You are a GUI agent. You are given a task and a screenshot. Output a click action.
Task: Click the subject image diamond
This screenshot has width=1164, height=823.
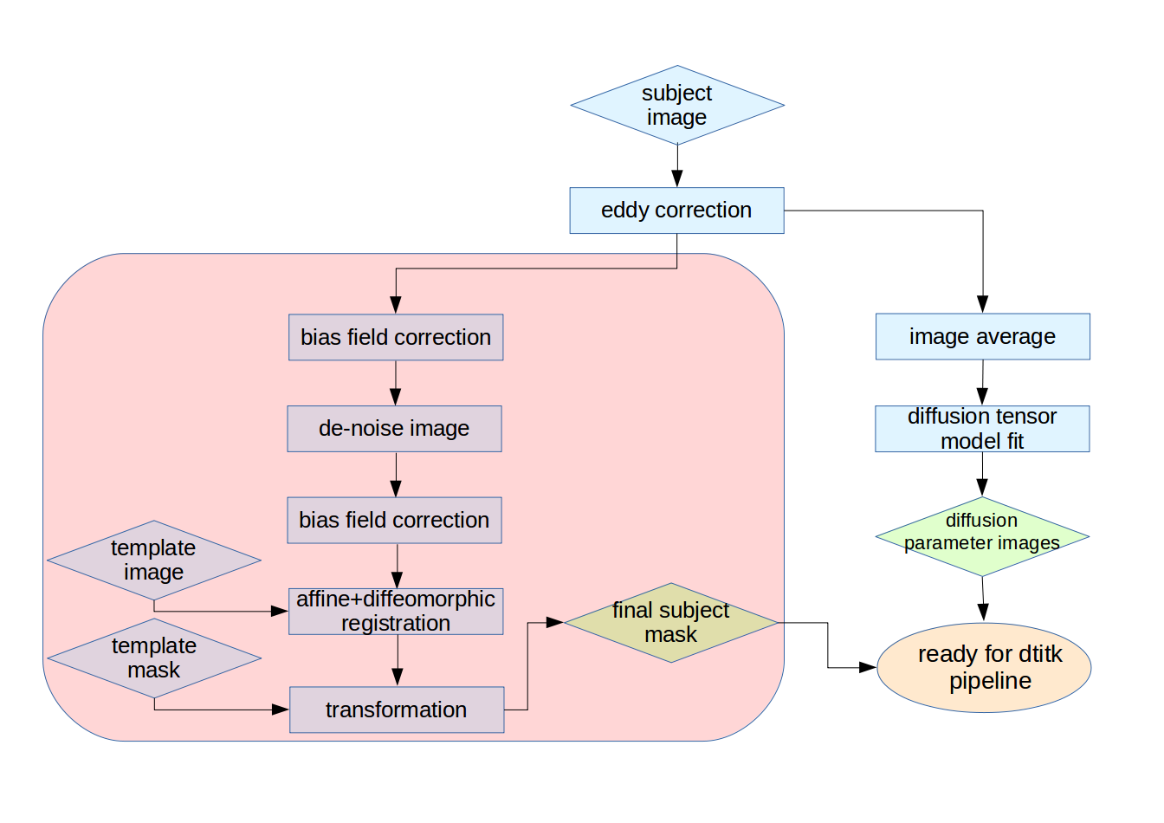pos(676,105)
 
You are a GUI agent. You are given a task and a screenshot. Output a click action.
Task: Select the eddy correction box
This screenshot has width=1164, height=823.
pos(676,211)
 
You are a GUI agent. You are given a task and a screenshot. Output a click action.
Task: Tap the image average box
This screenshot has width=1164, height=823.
pos(982,336)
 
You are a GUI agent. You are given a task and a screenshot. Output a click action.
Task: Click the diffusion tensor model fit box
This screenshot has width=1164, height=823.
pos(982,429)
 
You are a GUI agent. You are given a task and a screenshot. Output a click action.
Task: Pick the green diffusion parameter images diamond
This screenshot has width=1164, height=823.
pos(982,536)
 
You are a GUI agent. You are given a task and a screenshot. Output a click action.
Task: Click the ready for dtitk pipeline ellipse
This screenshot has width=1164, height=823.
pos(984,667)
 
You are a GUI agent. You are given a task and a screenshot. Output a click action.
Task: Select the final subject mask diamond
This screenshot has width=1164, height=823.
pos(670,622)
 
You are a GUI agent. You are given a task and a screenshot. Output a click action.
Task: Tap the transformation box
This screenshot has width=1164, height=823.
pos(397,710)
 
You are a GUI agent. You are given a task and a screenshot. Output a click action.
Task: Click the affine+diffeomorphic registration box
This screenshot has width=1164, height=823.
pos(396,611)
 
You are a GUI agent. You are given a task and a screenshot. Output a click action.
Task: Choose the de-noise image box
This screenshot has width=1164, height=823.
pos(394,428)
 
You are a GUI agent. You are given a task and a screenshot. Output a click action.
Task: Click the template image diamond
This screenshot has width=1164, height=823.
pos(154,560)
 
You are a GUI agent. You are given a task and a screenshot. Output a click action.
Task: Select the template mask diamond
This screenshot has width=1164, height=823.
pos(154,658)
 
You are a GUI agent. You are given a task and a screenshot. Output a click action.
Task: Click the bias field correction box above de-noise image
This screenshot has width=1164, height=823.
pos(396,337)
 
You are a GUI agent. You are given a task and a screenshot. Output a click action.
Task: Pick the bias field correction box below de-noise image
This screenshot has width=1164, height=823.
pos(394,520)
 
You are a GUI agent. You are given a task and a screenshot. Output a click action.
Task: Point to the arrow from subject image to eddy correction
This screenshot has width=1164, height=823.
pos(677,165)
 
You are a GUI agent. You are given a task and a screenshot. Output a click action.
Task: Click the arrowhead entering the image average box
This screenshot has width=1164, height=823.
pos(982,305)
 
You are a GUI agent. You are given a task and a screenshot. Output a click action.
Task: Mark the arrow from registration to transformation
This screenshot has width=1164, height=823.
pos(398,660)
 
